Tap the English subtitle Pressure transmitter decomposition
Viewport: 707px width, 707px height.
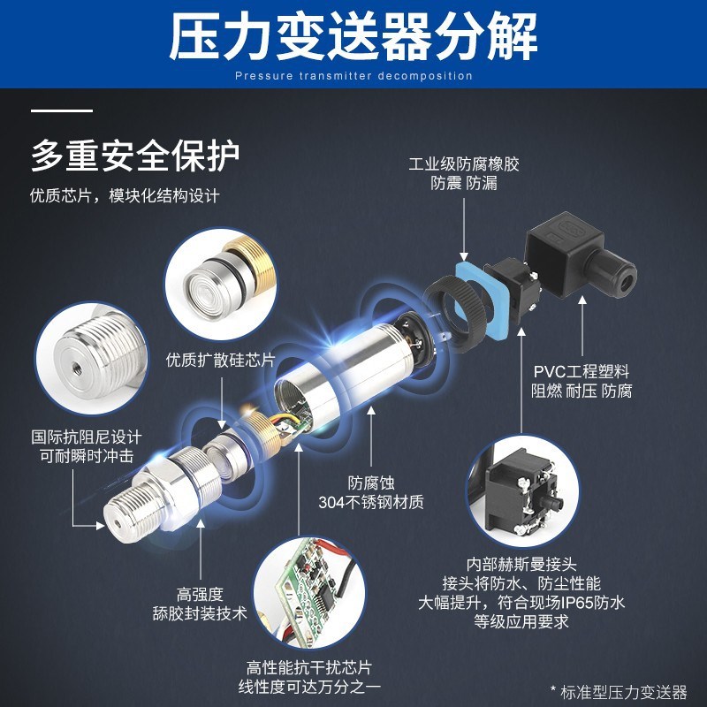click(x=353, y=76)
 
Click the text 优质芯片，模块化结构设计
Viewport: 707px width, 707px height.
click(x=125, y=195)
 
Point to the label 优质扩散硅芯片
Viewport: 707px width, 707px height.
click(x=221, y=360)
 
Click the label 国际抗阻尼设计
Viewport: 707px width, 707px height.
click(x=86, y=437)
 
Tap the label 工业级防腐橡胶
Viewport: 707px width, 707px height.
click(x=463, y=164)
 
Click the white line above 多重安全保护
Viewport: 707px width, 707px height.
click(x=62, y=111)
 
